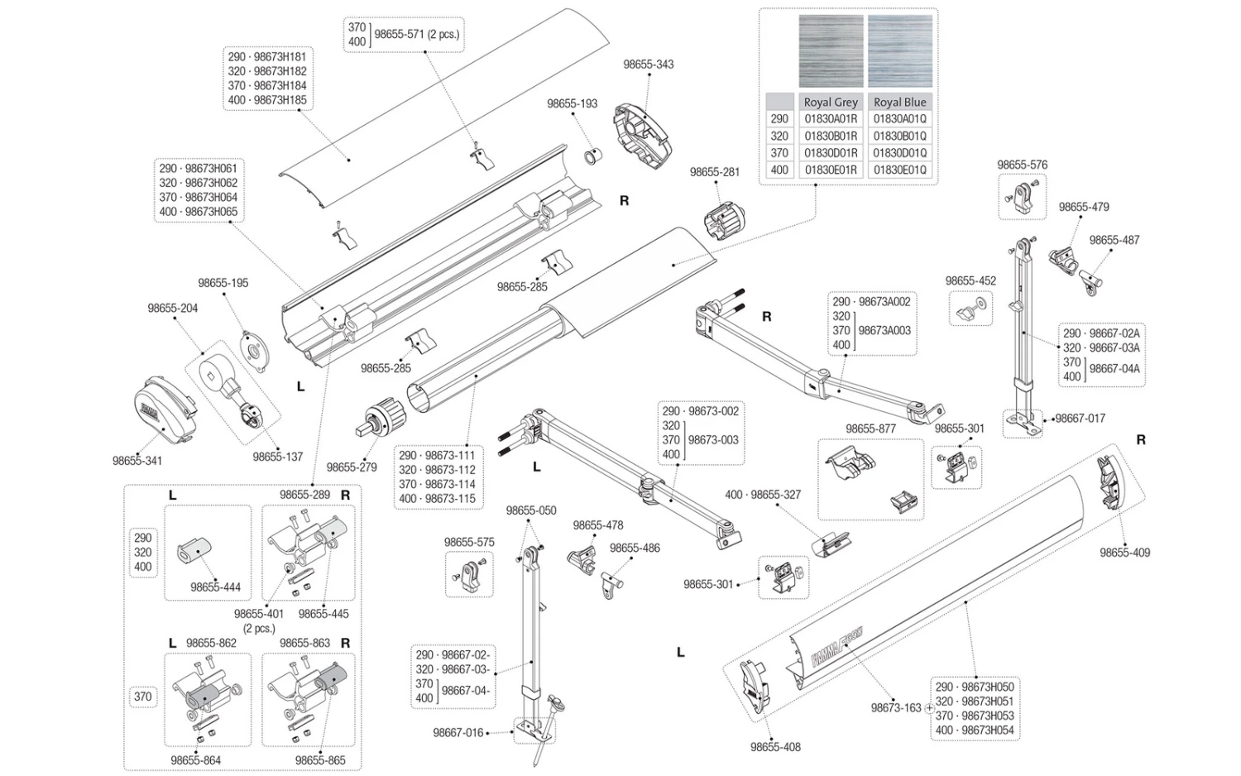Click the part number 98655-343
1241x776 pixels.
click(648, 65)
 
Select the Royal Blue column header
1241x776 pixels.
click(899, 102)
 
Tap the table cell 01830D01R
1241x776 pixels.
click(831, 153)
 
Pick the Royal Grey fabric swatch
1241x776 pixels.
click(831, 50)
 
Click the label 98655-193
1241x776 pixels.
click(572, 104)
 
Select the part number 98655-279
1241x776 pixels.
click(352, 467)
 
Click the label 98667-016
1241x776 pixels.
click(458, 733)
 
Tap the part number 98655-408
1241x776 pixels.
click(775, 747)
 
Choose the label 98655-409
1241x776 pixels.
click(1124, 553)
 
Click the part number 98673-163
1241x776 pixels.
click(895, 708)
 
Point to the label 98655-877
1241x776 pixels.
click(870, 429)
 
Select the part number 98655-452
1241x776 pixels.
click(970, 281)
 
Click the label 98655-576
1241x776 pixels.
click(1022, 165)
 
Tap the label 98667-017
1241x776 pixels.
click(1080, 419)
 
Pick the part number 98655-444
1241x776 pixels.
click(215, 587)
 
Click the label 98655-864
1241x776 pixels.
click(196, 760)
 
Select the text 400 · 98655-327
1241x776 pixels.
click(763, 495)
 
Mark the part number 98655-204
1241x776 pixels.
click(173, 309)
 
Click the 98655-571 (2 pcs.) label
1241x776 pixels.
click(416, 35)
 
